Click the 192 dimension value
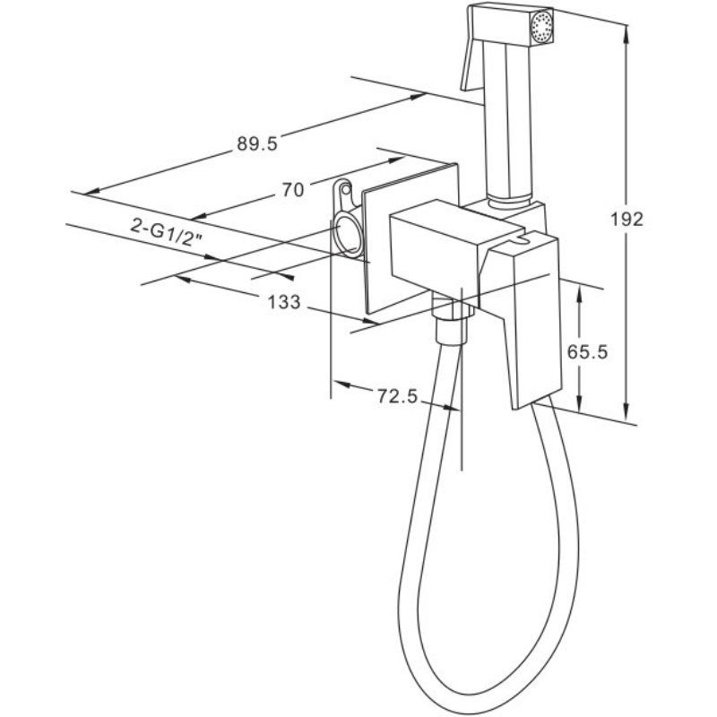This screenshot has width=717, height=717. pos(626,220)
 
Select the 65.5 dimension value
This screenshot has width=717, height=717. pos(587,351)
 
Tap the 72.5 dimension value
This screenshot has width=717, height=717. pos(397,396)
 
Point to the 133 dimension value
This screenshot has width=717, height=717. pos(284,302)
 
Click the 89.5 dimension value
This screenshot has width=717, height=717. pos(257,143)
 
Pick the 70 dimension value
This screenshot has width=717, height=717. pos(293,189)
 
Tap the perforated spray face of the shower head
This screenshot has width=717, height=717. pos(542,28)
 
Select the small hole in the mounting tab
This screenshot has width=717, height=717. pos(346,188)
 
